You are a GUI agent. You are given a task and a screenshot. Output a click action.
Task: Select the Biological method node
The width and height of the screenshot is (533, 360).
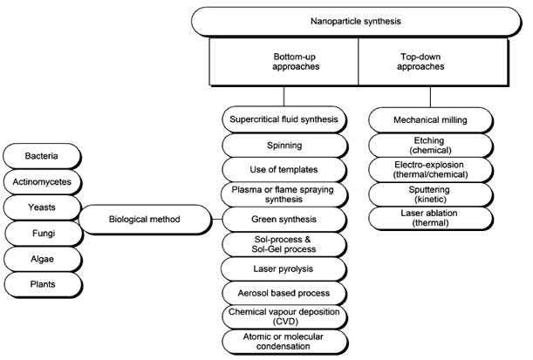(144, 219)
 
